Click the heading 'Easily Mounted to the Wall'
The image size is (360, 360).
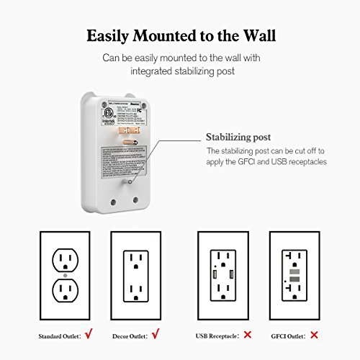point(179,35)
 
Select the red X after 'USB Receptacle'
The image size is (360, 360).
point(248,336)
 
